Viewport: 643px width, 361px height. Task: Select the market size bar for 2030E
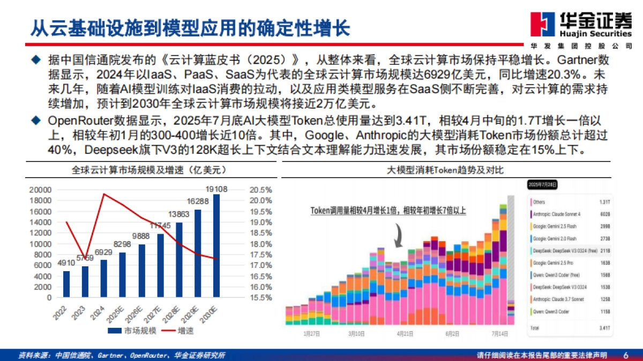(x=216, y=245)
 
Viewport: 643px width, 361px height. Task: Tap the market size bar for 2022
(x=66, y=284)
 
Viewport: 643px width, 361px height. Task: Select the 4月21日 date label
(x=405, y=333)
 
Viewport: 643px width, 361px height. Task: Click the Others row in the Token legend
(x=571, y=202)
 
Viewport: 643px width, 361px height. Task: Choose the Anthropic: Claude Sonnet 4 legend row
(x=571, y=214)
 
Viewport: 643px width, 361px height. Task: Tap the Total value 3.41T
(x=604, y=327)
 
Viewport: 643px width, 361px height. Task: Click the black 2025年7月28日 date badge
(x=542, y=185)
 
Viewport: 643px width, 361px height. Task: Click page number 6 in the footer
(x=625, y=355)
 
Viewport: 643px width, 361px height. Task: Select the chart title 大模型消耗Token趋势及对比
(x=445, y=171)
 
